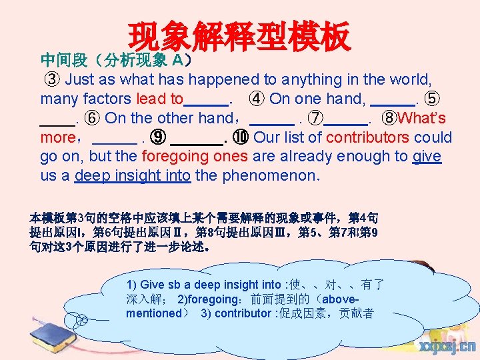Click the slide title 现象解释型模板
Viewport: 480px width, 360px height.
click(x=239, y=37)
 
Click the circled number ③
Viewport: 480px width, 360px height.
click(x=53, y=80)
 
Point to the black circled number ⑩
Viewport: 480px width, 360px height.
click(x=241, y=138)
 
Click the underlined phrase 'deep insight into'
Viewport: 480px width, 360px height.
click(x=133, y=177)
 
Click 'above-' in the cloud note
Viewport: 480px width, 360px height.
click(x=361, y=299)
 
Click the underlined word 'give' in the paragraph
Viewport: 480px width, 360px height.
click(x=427, y=157)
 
